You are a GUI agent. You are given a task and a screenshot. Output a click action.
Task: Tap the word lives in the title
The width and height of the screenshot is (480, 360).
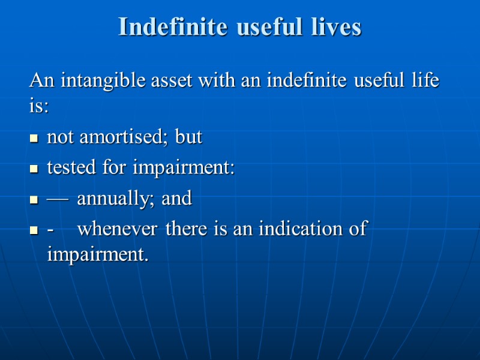pyautogui.click(x=335, y=27)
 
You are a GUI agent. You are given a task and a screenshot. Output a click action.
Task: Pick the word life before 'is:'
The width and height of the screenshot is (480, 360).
pyautogui.click(x=424, y=80)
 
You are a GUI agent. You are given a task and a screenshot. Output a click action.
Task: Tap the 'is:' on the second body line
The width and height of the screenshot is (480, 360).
pyautogui.click(x=39, y=107)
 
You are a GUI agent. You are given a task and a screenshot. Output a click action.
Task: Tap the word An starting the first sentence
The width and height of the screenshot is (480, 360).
pyautogui.click(x=40, y=80)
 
